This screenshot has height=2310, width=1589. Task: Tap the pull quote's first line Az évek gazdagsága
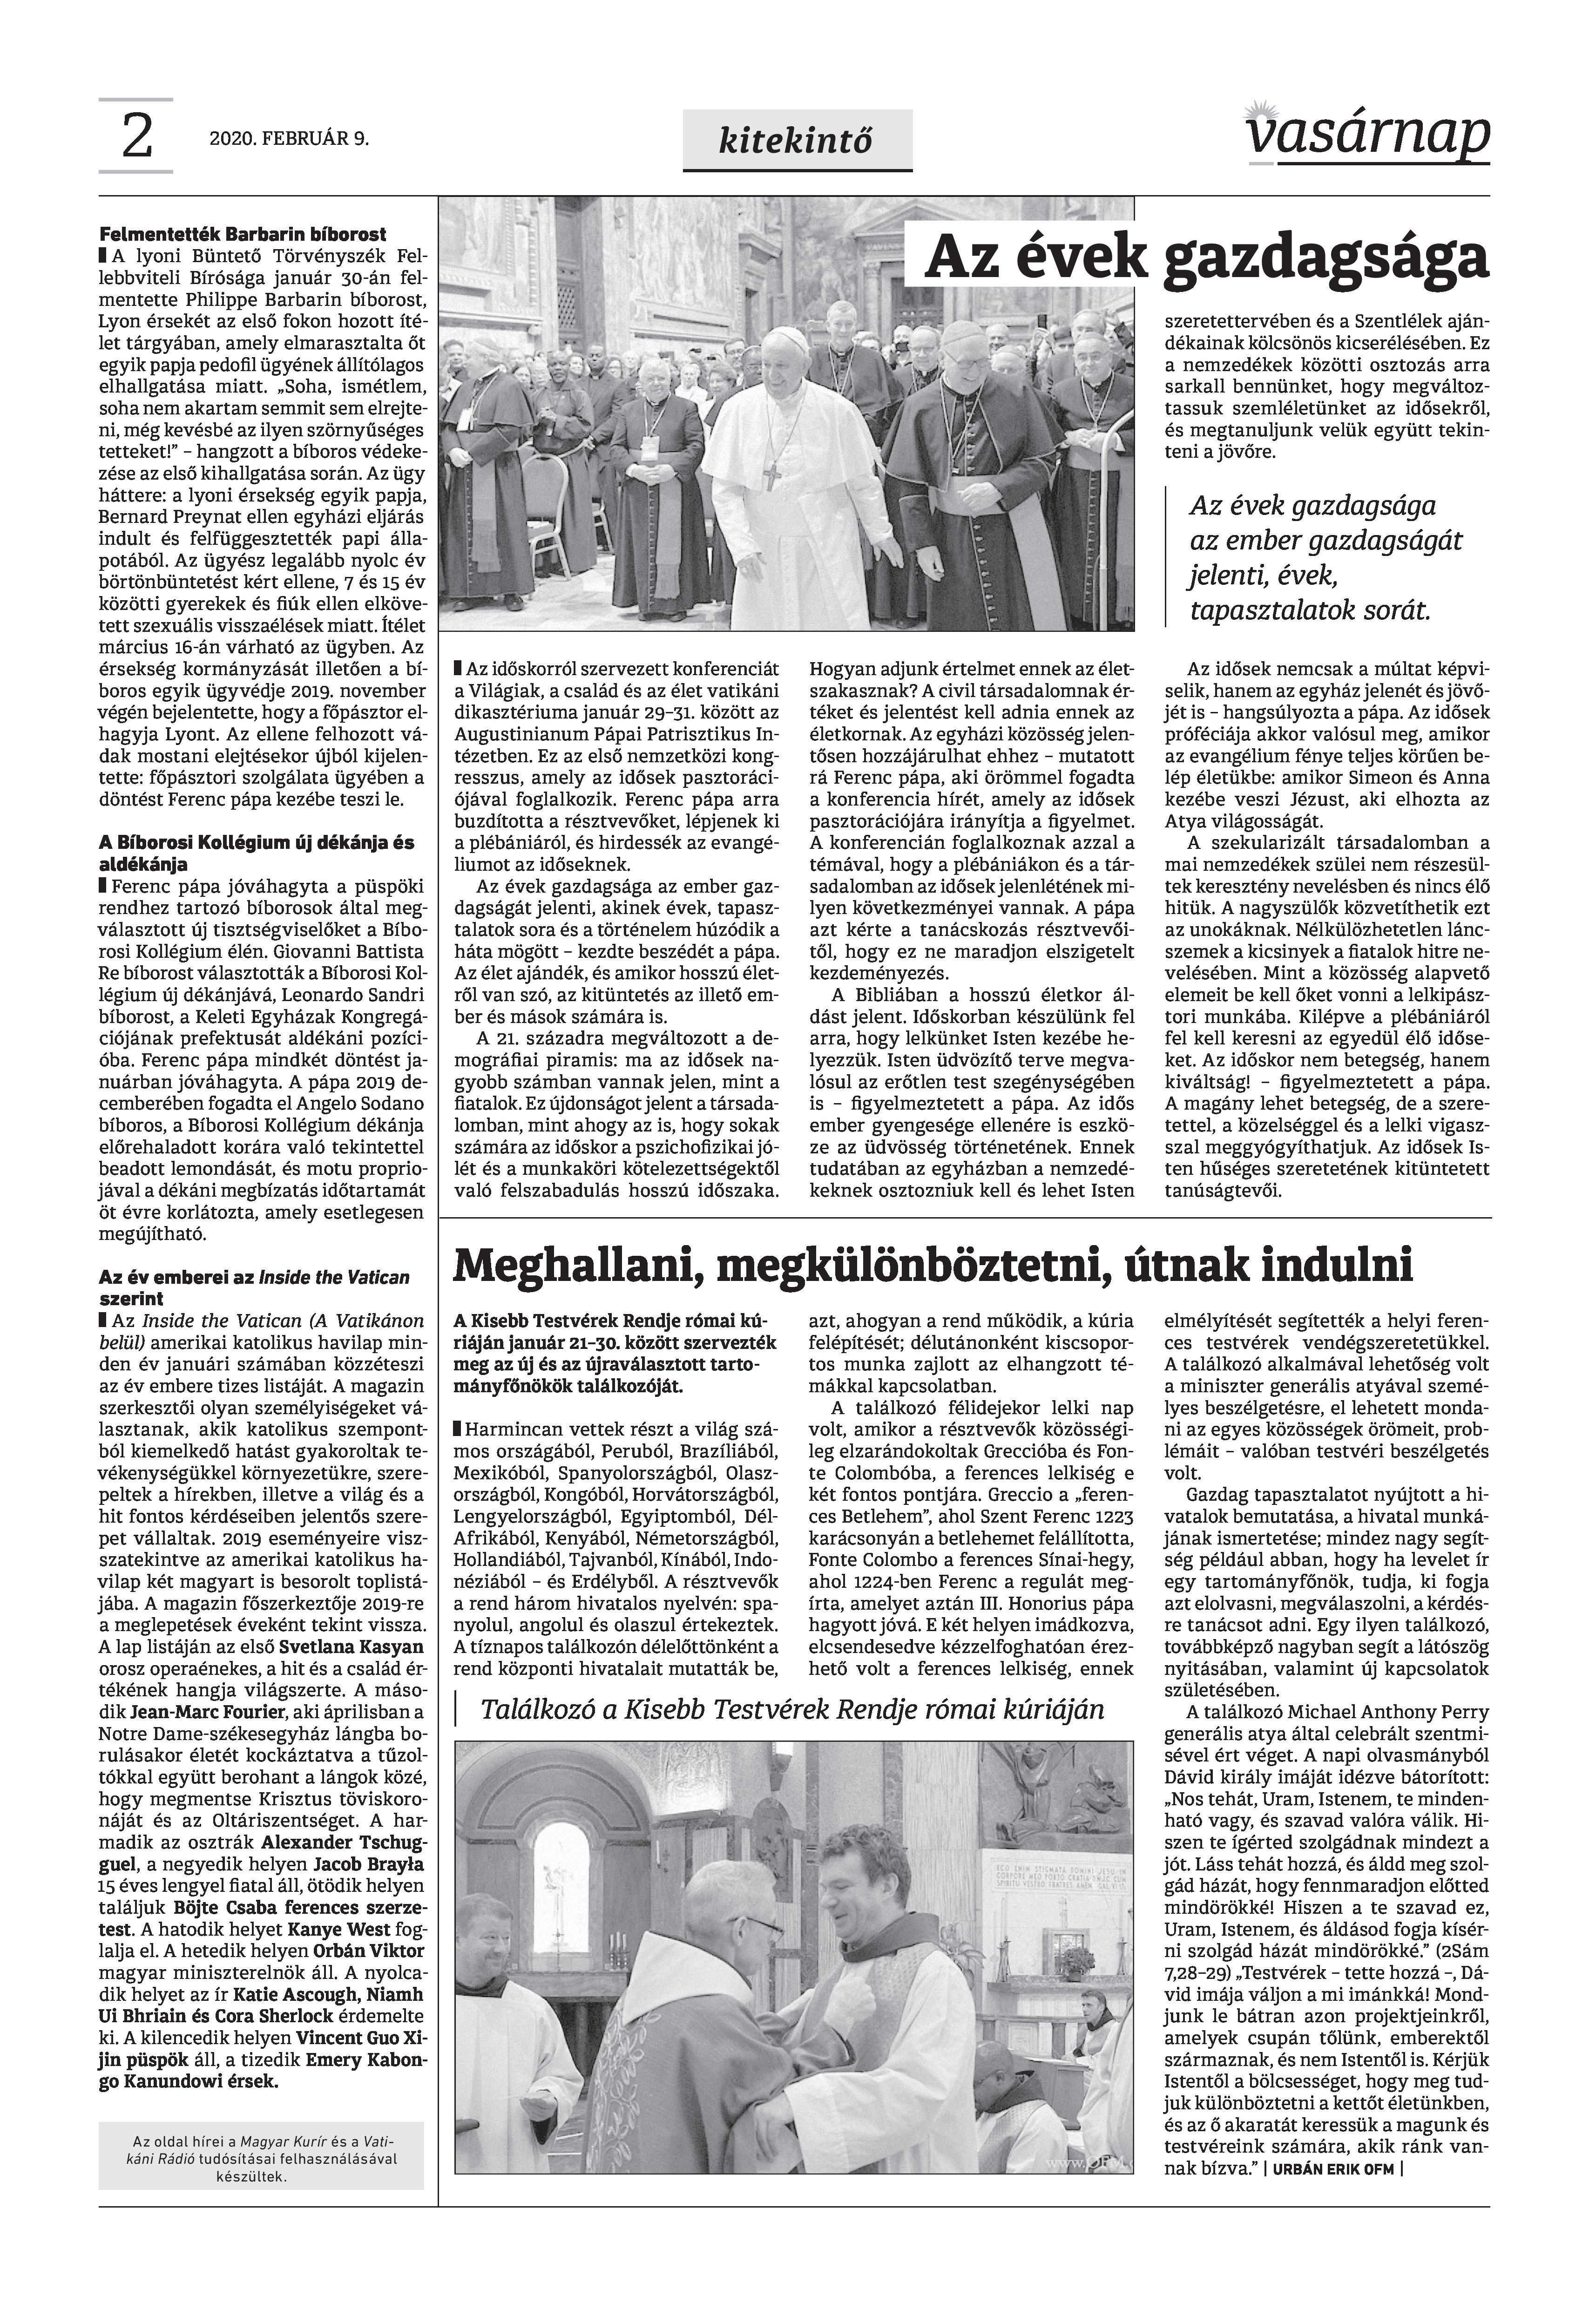(1313, 506)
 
